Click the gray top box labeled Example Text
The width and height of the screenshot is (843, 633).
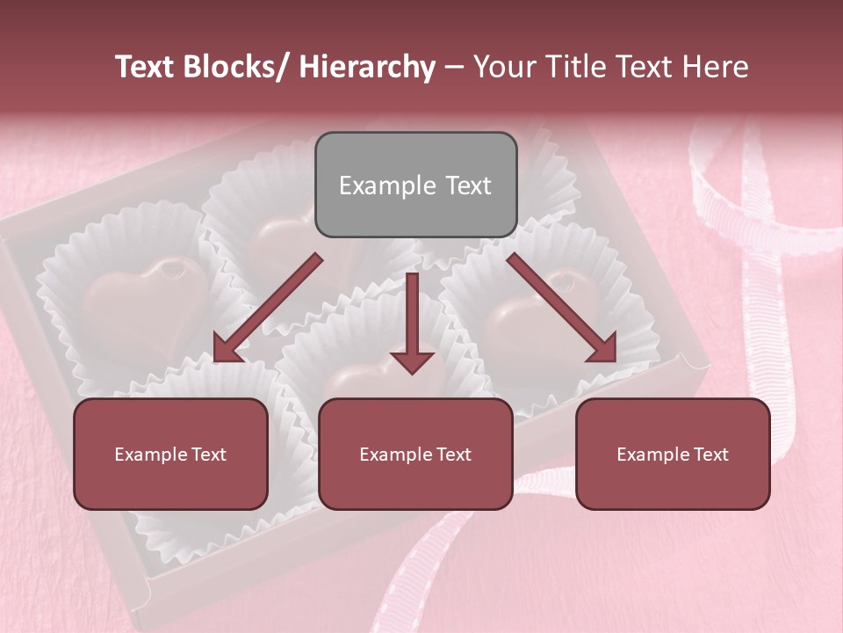click(415, 185)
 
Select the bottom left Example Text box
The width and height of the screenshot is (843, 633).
click(170, 454)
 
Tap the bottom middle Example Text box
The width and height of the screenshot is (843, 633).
click(415, 454)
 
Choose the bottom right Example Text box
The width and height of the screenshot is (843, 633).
click(673, 454)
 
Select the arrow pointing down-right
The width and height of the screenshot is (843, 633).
click(562, 308)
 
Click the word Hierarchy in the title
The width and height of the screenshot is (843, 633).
click(367, 67)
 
